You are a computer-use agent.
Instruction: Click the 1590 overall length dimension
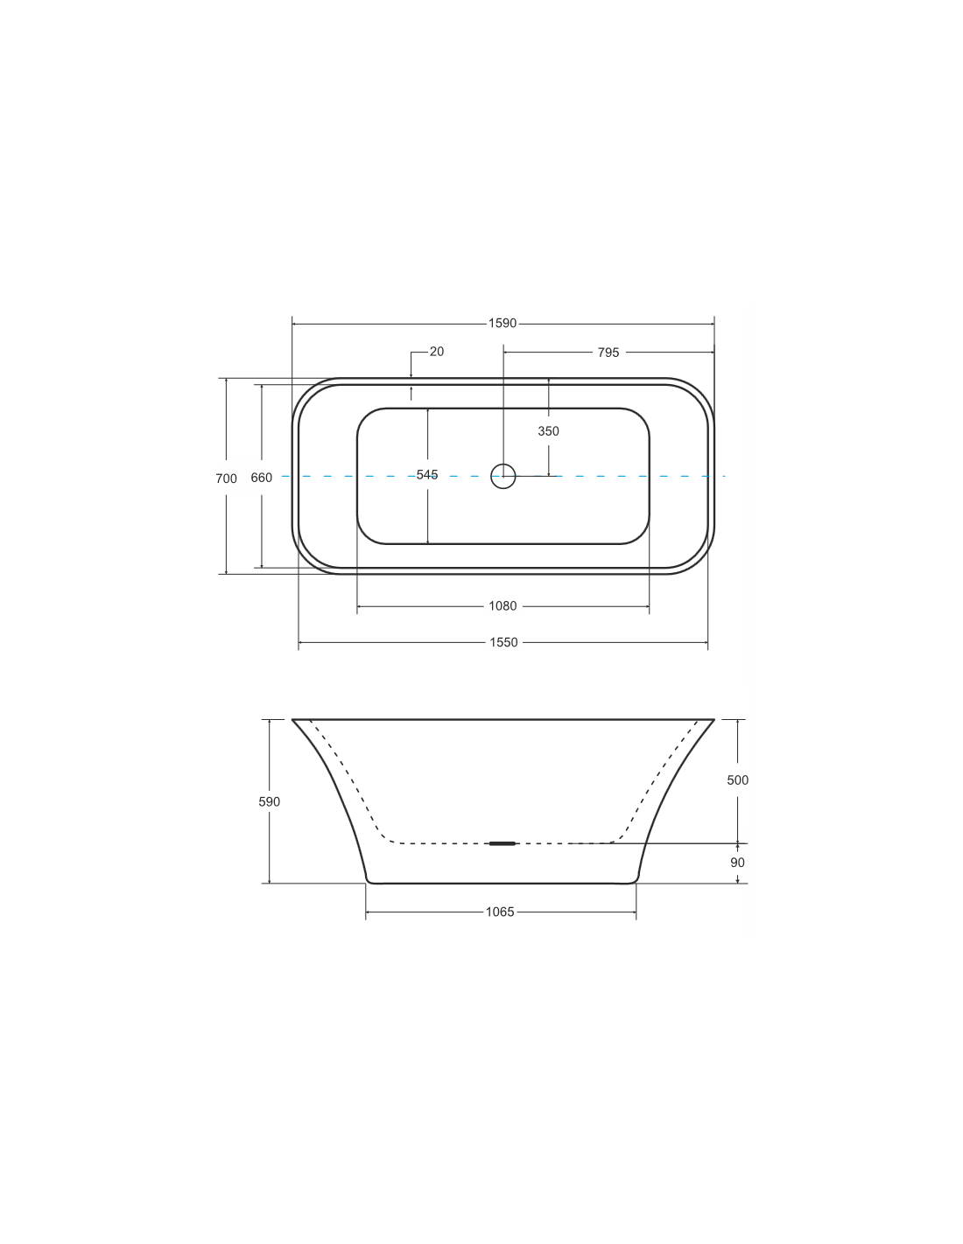502,323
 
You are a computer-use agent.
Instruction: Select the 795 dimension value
608,353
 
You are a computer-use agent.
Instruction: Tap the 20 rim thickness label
437,352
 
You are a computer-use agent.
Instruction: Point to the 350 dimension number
548,431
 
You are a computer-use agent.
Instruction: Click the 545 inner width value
427,474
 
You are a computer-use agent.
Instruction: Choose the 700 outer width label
226,479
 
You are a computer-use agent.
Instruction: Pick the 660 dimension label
261,478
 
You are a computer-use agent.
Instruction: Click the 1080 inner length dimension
503,605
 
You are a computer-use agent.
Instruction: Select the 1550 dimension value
503,642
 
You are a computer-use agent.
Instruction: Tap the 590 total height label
269,802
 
